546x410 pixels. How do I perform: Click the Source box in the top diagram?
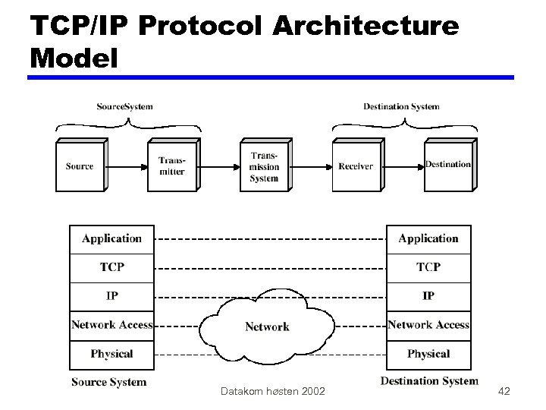tap(80, 166)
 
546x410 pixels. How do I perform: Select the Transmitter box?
tap(171, 166)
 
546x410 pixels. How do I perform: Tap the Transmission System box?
tap(264, 166)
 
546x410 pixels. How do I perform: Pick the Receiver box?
tap(356, 166)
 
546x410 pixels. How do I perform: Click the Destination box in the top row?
tap(447, 165)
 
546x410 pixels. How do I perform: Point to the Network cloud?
tap(267, 326)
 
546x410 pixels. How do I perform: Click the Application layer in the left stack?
tap(111, 239)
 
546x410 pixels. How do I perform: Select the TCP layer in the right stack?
tap(428, 267)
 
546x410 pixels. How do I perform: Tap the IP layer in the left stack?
tap(111, 296)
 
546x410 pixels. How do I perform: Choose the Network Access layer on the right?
tap(428, 325)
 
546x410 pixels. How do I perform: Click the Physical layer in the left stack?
tap(111, 354)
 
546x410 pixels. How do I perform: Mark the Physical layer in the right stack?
tap(428, 354)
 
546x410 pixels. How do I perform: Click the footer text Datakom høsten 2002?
tap(272, 391)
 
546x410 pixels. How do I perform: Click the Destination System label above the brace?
tap(401, 106)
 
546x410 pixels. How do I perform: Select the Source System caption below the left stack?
tap(108, 382)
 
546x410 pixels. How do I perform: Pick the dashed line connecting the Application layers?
tap(270, 239)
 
